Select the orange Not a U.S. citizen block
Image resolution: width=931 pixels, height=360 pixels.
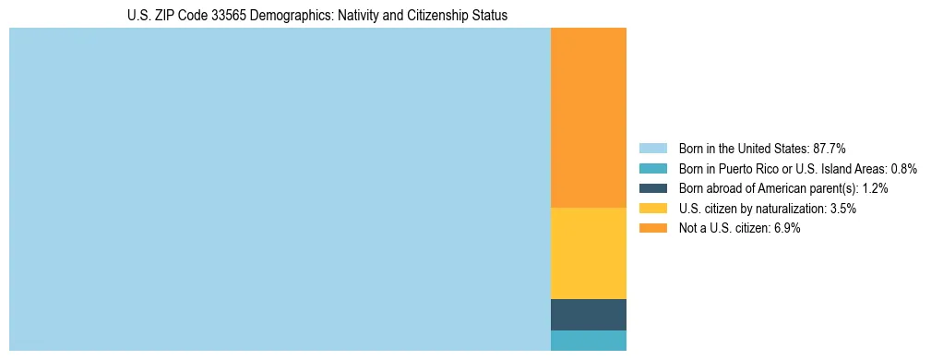coord(588,118)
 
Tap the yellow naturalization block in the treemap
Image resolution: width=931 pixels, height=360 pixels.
coord(588,253)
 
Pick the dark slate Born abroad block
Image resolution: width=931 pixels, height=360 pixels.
coord(588,315)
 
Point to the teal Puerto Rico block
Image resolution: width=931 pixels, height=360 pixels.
coord(588,341)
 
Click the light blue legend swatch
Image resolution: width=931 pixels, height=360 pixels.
coord(652,149)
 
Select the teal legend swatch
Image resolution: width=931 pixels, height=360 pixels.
coord(652,169)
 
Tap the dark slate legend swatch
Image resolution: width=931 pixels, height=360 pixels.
coord(652,188)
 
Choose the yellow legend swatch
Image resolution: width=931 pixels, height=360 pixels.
coord(652,209)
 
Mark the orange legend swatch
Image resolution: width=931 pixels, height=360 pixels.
coord(652,229)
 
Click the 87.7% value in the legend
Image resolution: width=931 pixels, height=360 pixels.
coord(830,149)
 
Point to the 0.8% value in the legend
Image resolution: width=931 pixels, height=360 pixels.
coord(903,169)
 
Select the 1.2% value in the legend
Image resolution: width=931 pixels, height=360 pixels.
coord(875,188)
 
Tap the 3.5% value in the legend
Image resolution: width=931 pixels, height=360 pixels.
coord(842,209)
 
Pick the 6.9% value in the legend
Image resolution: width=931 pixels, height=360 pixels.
coord(786,229)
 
